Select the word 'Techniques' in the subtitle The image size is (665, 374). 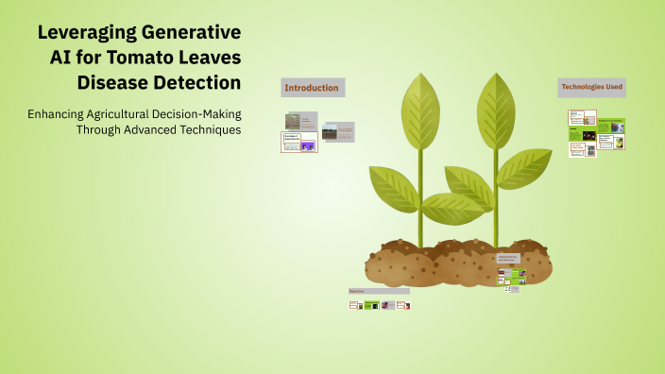(206, 129)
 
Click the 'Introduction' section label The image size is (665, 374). (312, 88)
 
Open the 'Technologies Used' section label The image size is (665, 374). (591, 87)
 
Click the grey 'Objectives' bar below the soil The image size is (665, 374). (378, 291)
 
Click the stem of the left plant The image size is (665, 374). (420, 208)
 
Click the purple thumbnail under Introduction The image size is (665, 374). (307, 145)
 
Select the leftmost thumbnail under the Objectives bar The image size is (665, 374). (354, 305)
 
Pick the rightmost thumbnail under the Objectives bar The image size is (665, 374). (402, 305)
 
